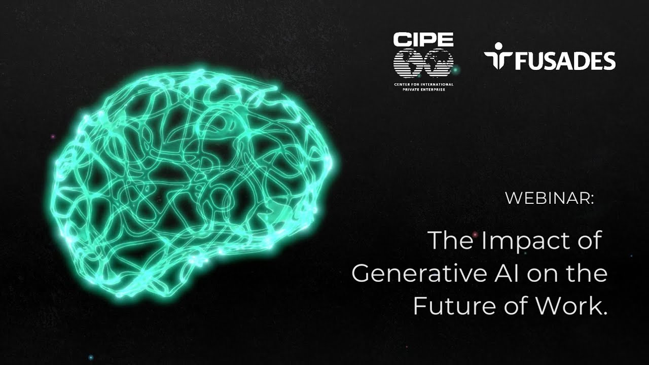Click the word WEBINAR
547,198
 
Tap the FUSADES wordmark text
565,61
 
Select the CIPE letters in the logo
423,40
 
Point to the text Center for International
423,84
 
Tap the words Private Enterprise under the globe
423,90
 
